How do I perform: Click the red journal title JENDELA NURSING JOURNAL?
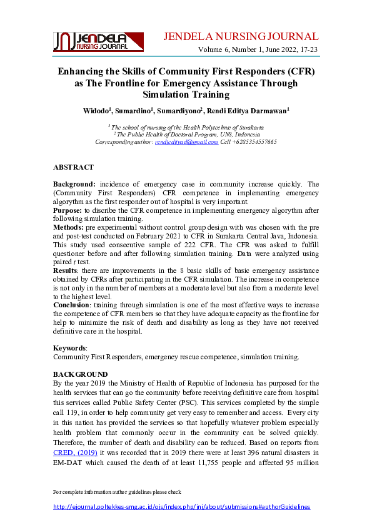click(x=241, y=36)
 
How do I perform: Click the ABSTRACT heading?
click(x=73, y=168)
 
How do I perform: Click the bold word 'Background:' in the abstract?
click(x=74, y=184)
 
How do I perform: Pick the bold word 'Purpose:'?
click(x=68, y=211)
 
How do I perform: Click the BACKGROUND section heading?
click(x=81, y=374)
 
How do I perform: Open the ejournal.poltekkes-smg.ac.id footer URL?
click(x=181, y=506)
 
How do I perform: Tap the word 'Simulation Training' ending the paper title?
click(x=186, y=95)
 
